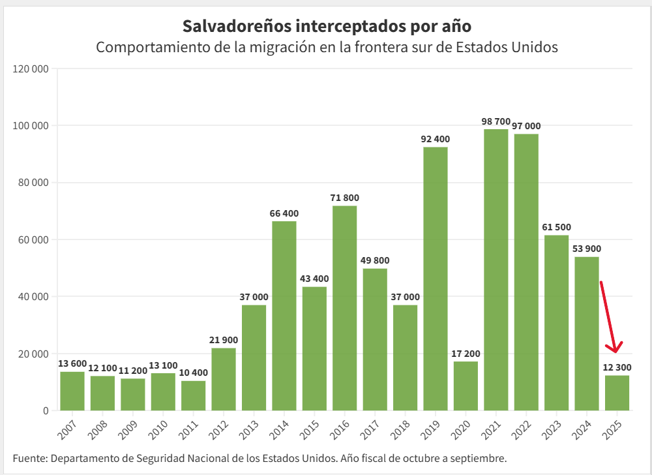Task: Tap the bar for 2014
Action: [284, 316]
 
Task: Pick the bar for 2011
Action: [193, 395]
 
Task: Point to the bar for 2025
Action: [617, 393]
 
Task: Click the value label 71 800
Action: [345, 198]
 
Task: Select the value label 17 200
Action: [466, 353]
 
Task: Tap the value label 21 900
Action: [224, 340]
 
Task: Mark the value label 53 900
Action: [587, 249]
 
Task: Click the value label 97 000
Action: [526, 126]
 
